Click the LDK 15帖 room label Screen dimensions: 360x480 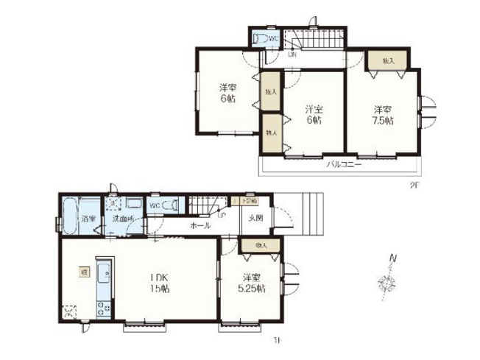(160, 283)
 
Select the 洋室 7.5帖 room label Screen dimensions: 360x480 (382, 116)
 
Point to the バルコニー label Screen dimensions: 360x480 (344, 166)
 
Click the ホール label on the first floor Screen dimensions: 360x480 (199, 225)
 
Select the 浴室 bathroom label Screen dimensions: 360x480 (89, 219)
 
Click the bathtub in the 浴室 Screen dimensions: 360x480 (69, 217)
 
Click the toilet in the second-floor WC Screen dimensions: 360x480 (260, 39)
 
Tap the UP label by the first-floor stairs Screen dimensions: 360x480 (221, 215)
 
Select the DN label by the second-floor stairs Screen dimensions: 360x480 (292, 54)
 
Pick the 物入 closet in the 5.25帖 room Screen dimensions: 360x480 (261, 245)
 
